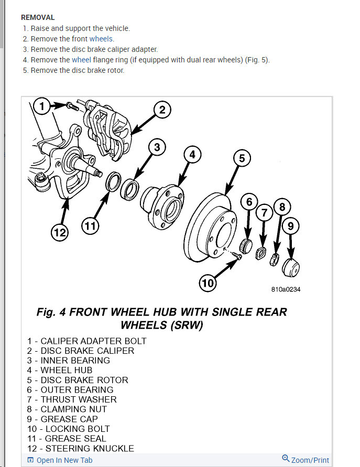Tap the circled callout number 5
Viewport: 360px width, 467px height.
241,157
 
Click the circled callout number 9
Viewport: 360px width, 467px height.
292,226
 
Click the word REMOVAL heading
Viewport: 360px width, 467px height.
38,17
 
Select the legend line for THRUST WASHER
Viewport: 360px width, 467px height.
72,399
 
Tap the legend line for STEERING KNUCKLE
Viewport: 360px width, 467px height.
81,448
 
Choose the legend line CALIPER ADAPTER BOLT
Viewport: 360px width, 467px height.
86,341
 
